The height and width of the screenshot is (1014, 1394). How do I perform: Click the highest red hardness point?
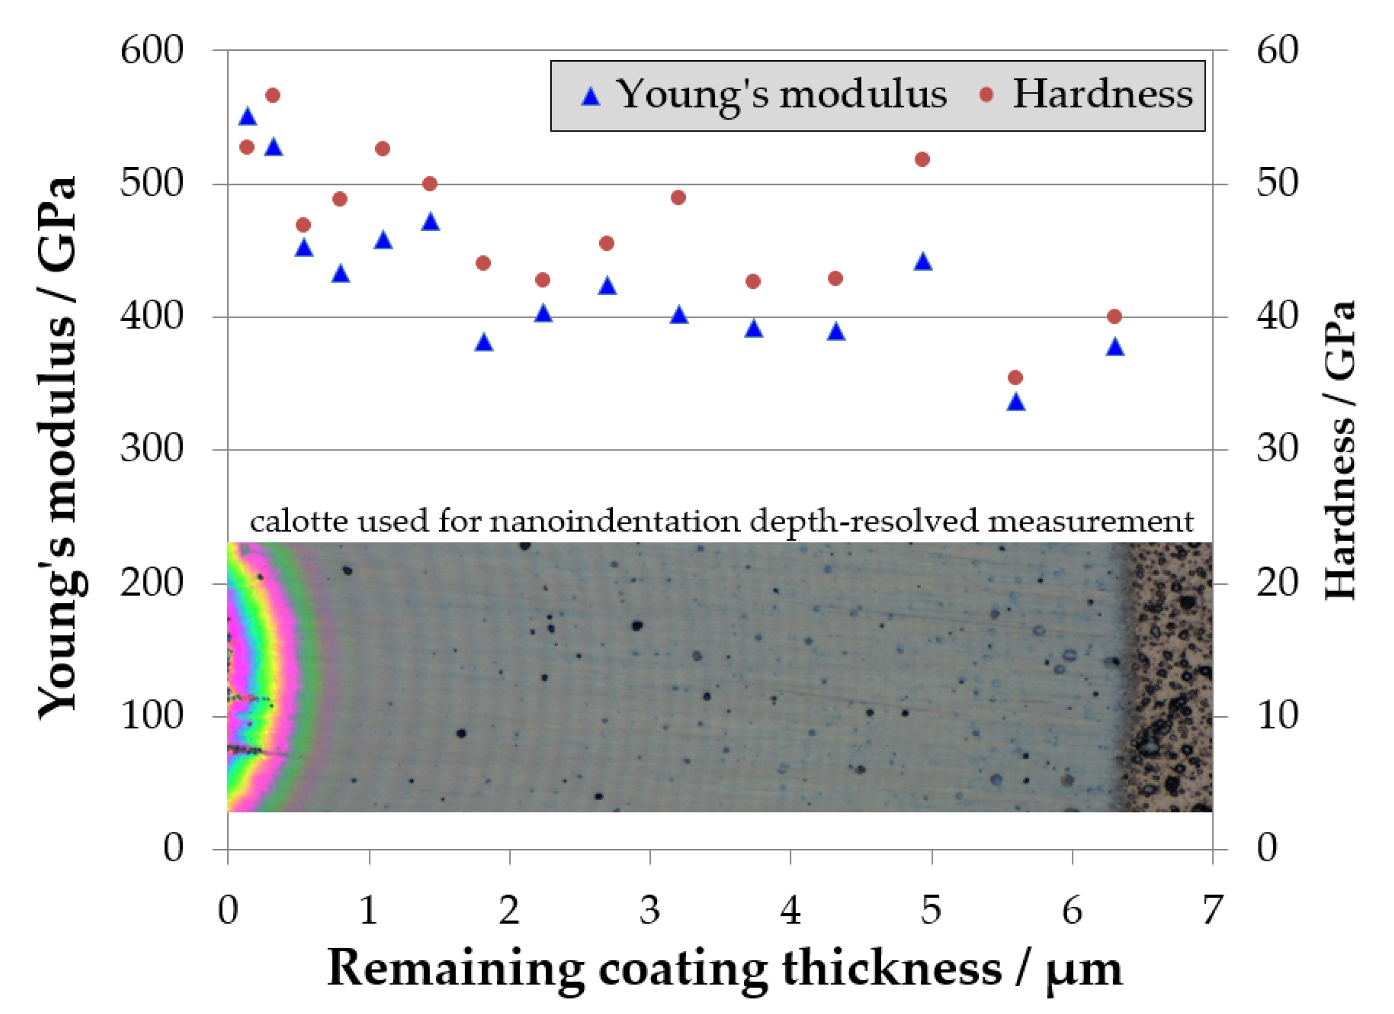point(273,95)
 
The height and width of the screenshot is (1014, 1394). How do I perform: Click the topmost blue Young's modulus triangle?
point(247,116)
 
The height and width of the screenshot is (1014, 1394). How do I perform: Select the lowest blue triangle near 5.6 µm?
point(1016,402)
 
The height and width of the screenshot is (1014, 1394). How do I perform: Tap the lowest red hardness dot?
point(1016,377)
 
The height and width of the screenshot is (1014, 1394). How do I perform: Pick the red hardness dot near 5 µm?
point(922,160)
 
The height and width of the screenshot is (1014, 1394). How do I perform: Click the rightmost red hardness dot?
point(1114,317)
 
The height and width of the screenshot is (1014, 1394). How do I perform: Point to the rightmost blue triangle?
point(1115,348)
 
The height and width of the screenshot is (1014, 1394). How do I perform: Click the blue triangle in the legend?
point(591,96)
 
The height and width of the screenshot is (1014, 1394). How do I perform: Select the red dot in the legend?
point(987,95)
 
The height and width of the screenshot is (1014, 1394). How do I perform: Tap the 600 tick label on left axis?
point(151,51)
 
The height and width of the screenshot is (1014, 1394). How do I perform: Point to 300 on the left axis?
point(151,449)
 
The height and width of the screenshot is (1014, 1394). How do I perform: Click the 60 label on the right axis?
point(1277,51)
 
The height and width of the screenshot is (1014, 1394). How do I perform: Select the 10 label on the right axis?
point(1277,716)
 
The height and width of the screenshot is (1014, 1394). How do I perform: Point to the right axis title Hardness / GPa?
point(1340,449)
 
